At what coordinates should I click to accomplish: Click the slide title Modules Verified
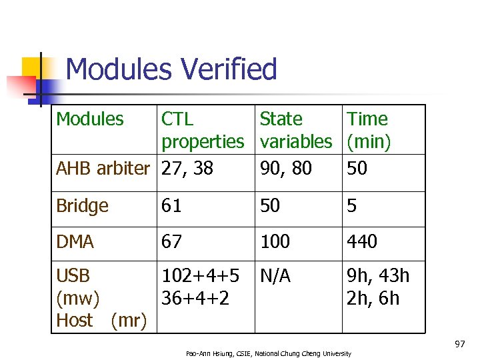click(x=171, y=70)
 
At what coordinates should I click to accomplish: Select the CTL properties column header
click(x=203, y=130)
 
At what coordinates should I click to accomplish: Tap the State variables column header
click(x=295, y=130)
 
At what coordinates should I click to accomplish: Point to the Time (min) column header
click(x=368, y=130)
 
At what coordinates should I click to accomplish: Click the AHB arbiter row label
click(x=103, y=169)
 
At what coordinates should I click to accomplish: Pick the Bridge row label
click(x=82, y=206)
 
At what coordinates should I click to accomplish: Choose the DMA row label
click(x=75, y=242)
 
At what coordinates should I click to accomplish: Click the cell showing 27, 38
click(x=187, y=169)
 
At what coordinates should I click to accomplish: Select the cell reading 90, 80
click(x=285, y=169)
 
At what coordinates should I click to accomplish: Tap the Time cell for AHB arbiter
click(x=357, y=169)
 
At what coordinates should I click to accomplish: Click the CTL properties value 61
click(x=171, y=206)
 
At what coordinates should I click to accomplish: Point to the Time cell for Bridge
click(x=351, y=206)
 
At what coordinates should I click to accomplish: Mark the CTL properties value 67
click(x=171, y=242)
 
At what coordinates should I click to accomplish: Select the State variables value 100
click(x=275, y=242)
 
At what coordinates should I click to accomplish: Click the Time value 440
click(x=361, y=242)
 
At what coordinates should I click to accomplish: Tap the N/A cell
click(x=275, y=276)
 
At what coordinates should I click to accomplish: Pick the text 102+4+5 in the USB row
click(x=201, y=276)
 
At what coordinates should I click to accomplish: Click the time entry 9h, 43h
click(x=378, y=276)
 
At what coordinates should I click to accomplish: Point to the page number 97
click(x=459, y=344)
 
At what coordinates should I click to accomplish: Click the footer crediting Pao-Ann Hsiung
click(x=268, y=353)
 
